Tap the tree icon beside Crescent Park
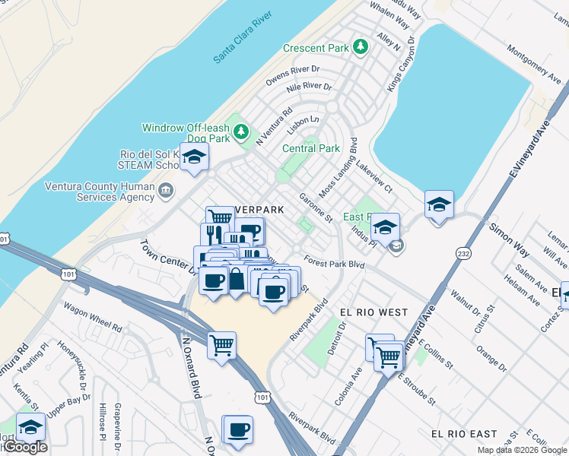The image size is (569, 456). pos(361,48)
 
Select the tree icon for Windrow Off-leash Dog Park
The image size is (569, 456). pos(241,133)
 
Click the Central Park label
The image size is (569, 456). pos(310,148)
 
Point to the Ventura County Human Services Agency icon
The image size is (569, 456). pos(166,189)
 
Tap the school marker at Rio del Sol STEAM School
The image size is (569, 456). pos(194,157)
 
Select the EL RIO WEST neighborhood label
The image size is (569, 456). pos(374,312)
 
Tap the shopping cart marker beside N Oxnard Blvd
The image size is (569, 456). pos(221,346)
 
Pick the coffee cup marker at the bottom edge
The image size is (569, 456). pos(237,429)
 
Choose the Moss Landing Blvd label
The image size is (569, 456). pos(336,169)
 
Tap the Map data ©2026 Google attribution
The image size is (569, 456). pos(521,451)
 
